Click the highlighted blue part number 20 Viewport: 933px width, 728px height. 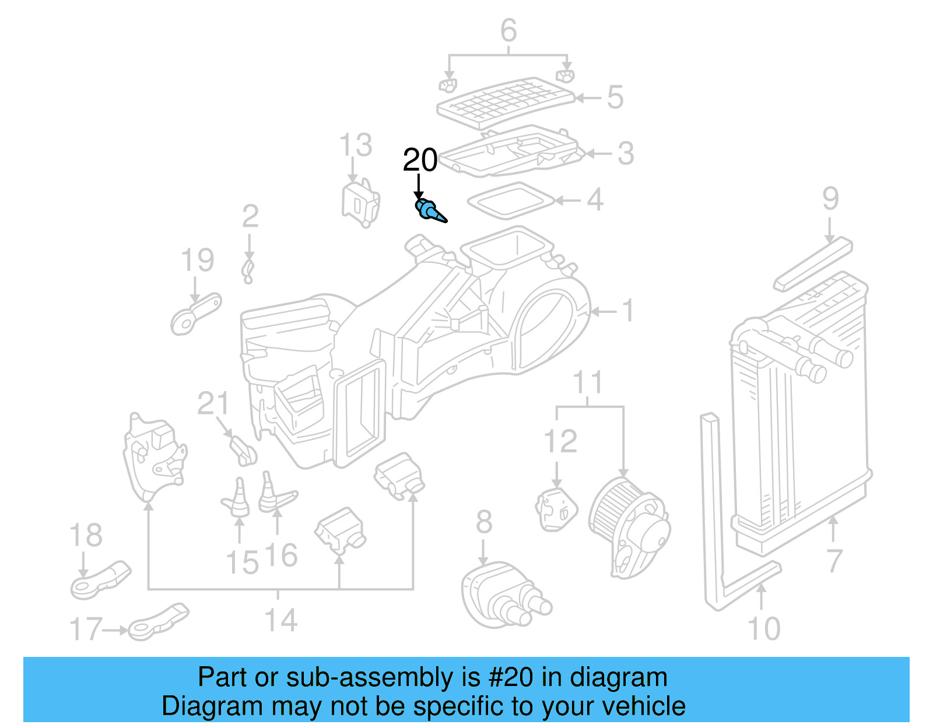429,210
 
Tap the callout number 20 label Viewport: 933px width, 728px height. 420,160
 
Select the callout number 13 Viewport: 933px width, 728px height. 355,145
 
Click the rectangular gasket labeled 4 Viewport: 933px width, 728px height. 510,201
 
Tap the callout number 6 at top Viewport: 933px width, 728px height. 508,30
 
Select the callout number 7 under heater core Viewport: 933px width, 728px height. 834,561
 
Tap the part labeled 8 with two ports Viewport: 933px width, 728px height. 501,595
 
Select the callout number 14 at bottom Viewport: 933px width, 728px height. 281,620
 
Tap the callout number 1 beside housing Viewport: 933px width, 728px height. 627,311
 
